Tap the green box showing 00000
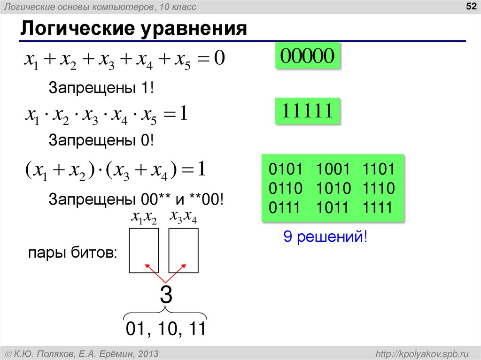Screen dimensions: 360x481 (307, 56)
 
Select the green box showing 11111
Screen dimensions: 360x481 (307, 111)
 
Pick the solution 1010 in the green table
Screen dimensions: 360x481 (334, 189)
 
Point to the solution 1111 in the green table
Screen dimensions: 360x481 (378, 207)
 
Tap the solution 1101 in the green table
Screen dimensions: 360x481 (378, 170)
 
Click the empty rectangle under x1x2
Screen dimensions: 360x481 (143, 250)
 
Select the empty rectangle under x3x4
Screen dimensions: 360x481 (183, 250)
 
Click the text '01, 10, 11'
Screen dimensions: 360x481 (165, 329)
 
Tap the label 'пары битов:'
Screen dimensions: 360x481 (73, 253)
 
